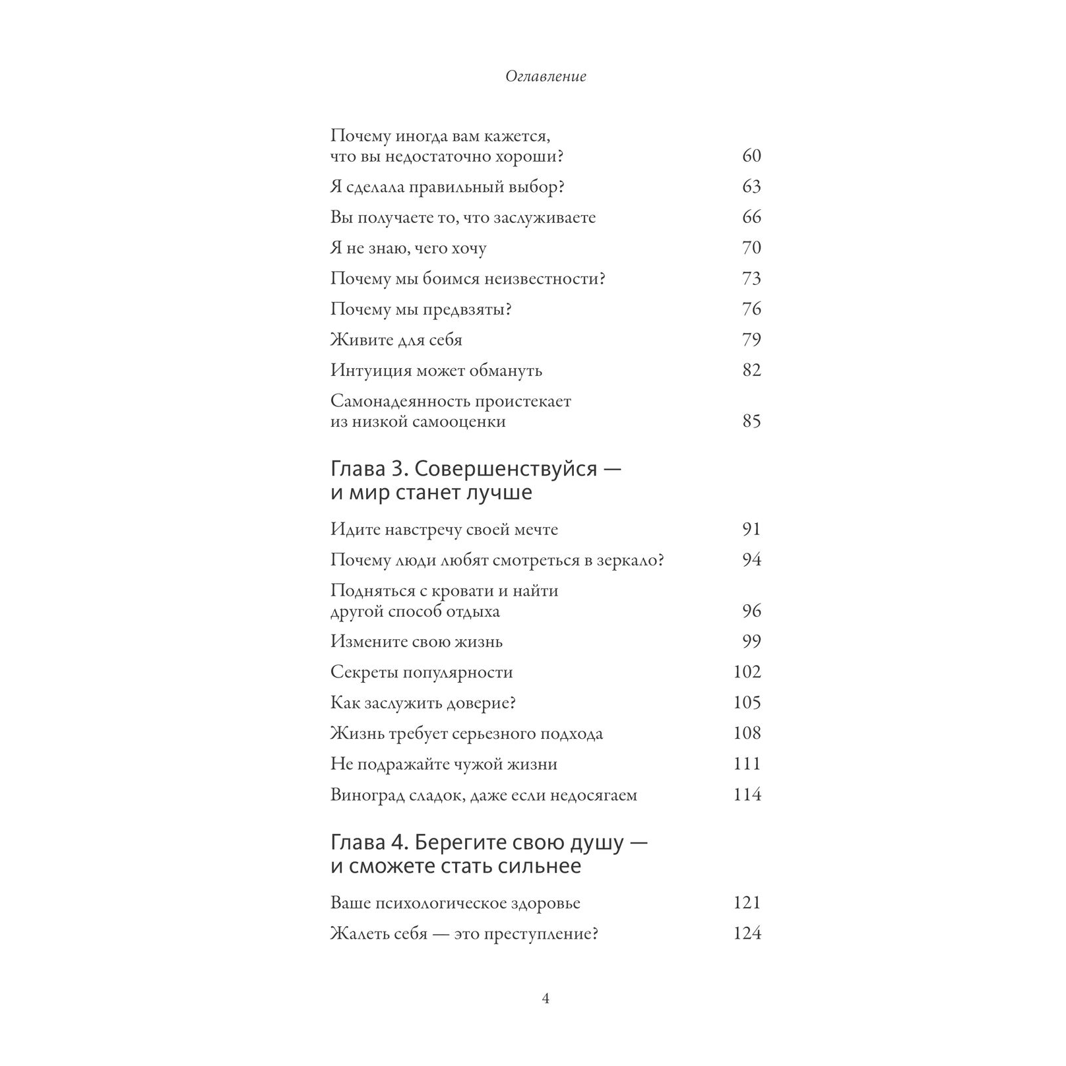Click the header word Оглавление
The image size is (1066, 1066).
click(546, 77)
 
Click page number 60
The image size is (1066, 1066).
click(751, 156)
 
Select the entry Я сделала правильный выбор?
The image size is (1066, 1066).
click(447, 187)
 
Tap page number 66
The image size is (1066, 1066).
click(751, 218)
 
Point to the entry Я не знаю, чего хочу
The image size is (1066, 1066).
click(408, 249)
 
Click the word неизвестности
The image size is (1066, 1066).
click(544, 279)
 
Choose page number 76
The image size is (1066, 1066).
click(751, 309)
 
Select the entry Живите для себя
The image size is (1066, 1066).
click(396, 340)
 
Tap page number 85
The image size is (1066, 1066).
click(751, 422)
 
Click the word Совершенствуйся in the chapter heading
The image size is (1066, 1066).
click(507, 470)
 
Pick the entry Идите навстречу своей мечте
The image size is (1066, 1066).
click(444, 530)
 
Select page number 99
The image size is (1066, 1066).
click(751, 642)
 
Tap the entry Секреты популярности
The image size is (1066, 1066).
click(422, 673)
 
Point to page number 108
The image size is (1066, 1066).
click(747, 734)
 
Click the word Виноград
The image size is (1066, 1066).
click(370, 795)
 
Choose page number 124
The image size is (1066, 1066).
click(747, 934)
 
